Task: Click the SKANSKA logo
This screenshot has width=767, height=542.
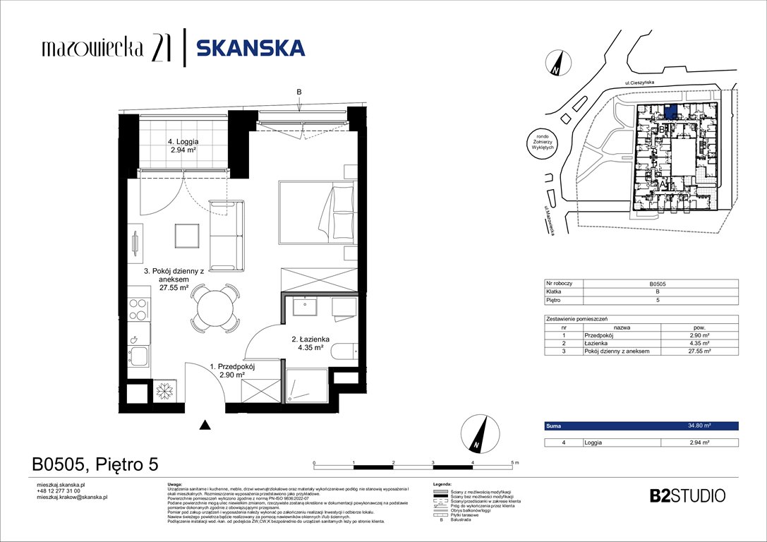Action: pyautogui.click(x=250, y=47)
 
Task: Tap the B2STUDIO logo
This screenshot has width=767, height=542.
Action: pyautogui.click(x=686, y=495)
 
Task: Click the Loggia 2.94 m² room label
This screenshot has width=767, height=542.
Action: pyautogui.click(x=168, y=145)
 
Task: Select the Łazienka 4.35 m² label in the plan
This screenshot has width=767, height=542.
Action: pyautogui.click(x=308, y=342)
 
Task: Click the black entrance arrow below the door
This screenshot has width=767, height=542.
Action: pyautogui.click(x=205, y=424)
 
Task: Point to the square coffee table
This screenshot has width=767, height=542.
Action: pyautogui.click(x=188, y=234)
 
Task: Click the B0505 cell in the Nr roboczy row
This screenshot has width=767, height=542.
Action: pyautogui.click(x=699, y=283)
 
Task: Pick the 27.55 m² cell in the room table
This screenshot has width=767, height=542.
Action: pyautogui.click(x=699, y=351)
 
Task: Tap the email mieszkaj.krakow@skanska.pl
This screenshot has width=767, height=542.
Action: pyautogui.click(x=71, y=497)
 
